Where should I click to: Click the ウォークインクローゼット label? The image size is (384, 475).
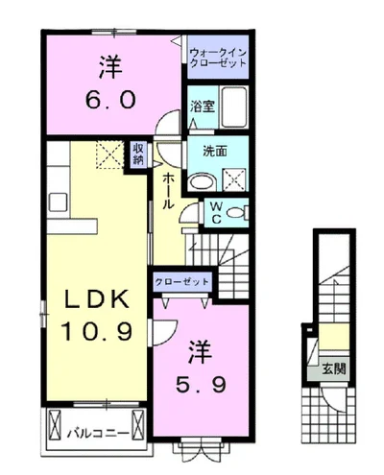click(x=218, y=57)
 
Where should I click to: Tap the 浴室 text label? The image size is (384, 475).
click(x=203, y=107)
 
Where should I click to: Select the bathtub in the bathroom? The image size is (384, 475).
click(x=234, y=107)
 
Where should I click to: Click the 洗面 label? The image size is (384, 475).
click(x=215, y=151)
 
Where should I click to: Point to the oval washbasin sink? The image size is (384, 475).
click(x=203, y=182)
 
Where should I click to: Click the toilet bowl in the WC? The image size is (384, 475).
click(x=235, y=213)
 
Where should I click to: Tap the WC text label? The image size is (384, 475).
click(x=216, y=212)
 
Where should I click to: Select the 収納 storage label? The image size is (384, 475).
click(x=138, y=154)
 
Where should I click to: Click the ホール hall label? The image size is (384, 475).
click(x=168, y=191)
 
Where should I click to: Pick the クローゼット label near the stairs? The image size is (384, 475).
click(x=181, y=282)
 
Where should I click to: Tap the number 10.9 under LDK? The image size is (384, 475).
click(x=96, y=331)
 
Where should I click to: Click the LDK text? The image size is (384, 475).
click(x=97, y=299)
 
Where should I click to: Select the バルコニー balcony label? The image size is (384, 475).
click(x=98, y=434)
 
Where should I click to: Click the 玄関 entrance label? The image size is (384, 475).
click(x=334, y=369)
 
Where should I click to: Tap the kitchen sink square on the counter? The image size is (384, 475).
click(x=58, y=202)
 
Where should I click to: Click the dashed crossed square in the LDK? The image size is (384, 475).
click(x=109, y=154)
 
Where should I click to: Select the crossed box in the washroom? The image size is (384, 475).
click(x=234, y=179)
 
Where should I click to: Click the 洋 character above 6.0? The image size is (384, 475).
click(x=110, y=67)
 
